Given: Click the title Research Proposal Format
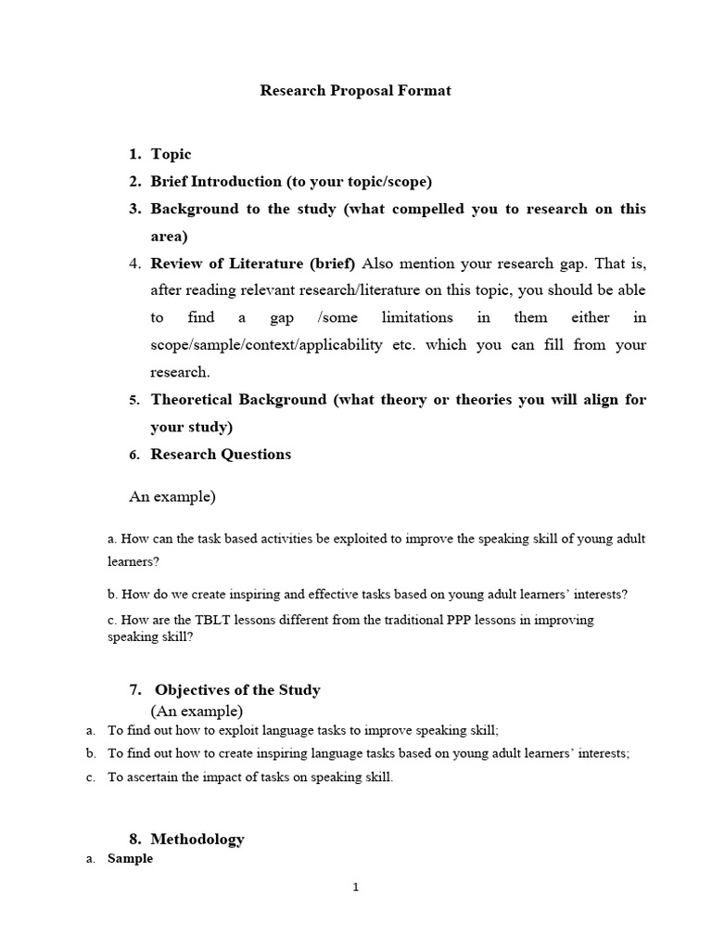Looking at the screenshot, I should click(x=355, y=91).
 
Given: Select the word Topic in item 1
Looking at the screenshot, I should click(x=171, y=154).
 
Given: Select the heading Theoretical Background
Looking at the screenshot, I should click(x=238, y=400).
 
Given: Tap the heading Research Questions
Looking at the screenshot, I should click(x=221, y=455).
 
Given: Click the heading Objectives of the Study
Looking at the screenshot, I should click(x=237, y=690).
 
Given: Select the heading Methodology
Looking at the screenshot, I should click(x=199, y=839).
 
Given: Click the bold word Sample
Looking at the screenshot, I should click(x=130, y=859).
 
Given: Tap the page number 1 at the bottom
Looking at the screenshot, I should click(x=356, y=887).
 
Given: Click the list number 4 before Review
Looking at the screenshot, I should click(x=134, y=263).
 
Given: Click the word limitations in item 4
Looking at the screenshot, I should click(x=411, y=317).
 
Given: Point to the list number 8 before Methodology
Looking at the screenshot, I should click(x=134, y=839).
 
